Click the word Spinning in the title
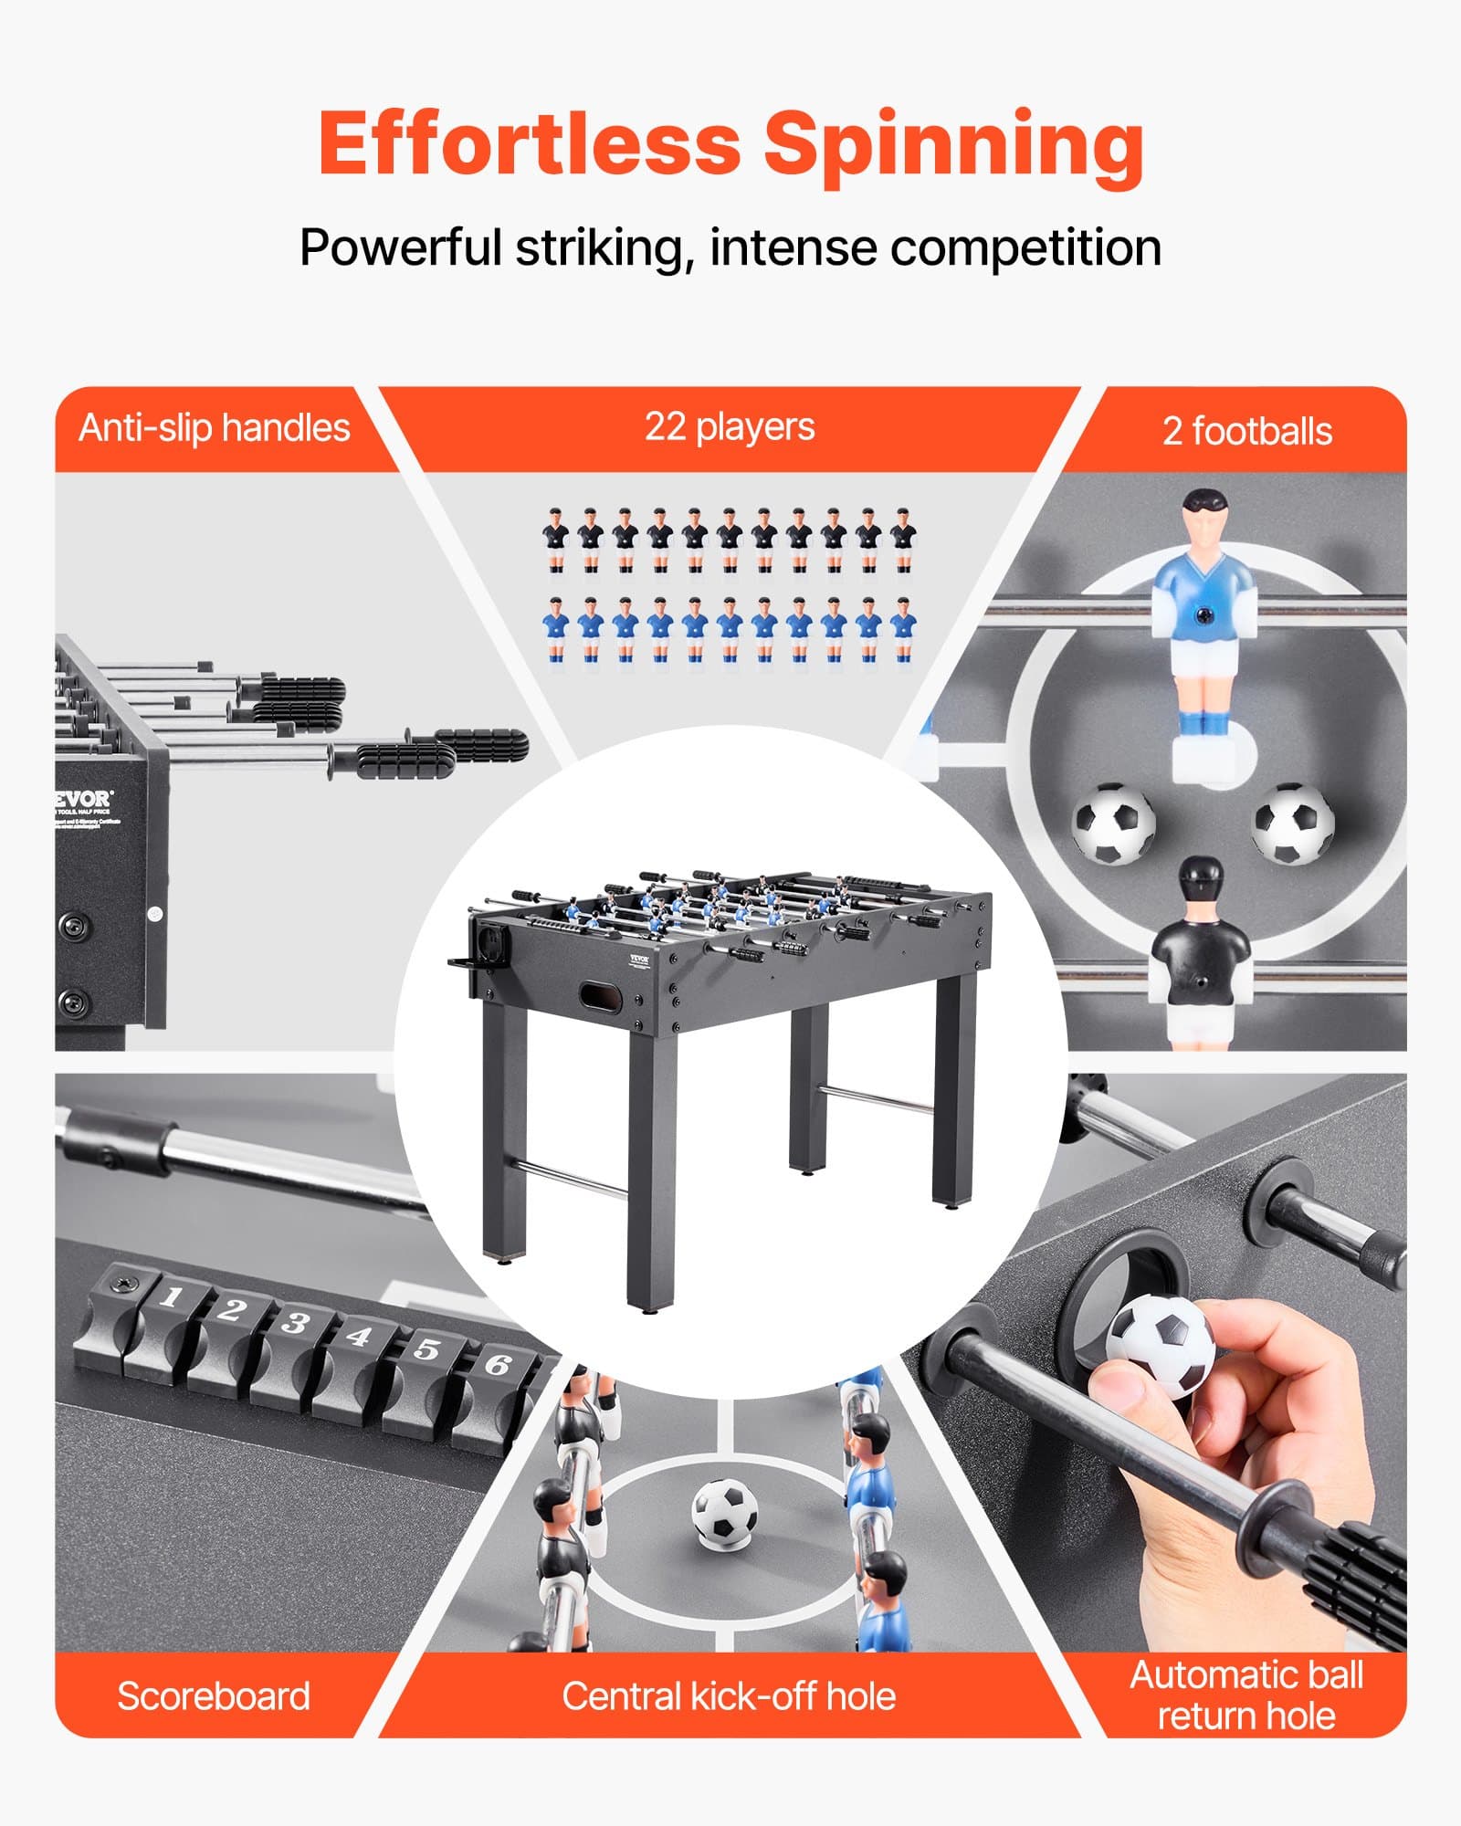tap(953, 146)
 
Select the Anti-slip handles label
tap(215, 428)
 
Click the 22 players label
tap(730, 426)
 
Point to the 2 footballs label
tap(1246, 431)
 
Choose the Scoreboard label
tap(214, 1695)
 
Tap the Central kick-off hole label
tap(729, 1695)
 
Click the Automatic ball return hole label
tap(1246, 1695)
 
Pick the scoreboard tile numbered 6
tap(498, 1365)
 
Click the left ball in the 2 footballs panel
tap(1113, 823)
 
